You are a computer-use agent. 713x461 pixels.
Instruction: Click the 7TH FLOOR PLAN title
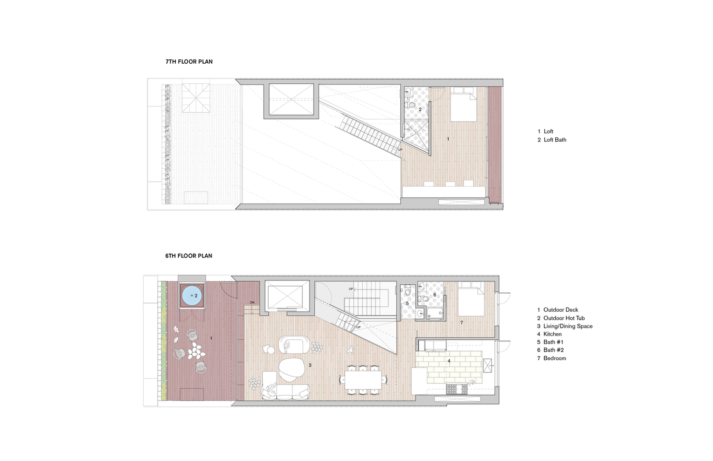(189, 62)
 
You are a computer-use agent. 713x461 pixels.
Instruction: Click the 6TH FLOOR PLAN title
(189, 256)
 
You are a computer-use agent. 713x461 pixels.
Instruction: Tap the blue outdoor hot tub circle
(192, 296)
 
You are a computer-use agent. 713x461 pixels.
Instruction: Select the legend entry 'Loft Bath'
(552, 140)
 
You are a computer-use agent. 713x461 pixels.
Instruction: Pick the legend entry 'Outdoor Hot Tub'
(561, 318)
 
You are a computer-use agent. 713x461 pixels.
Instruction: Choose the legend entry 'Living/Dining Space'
(565, 326)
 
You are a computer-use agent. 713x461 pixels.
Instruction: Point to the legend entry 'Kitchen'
(549, 334)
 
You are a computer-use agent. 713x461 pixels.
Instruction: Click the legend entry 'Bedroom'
(551, 358)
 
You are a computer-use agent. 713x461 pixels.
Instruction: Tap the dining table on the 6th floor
(363, 380)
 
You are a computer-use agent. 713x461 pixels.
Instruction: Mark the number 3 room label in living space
(310, 365)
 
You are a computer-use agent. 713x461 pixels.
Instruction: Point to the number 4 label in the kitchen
(449, 361)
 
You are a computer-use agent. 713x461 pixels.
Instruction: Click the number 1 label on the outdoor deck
(211, 338)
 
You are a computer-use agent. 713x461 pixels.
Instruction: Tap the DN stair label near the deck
(252, 302)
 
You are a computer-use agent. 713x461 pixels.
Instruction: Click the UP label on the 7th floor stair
(400, 150)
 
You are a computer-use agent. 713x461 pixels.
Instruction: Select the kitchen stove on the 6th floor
(457, 388)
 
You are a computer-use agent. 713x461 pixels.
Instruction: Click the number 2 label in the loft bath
(420, 109)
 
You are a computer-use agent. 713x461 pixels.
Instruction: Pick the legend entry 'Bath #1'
(550, 342)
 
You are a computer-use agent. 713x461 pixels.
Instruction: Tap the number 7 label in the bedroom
(462, 323)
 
